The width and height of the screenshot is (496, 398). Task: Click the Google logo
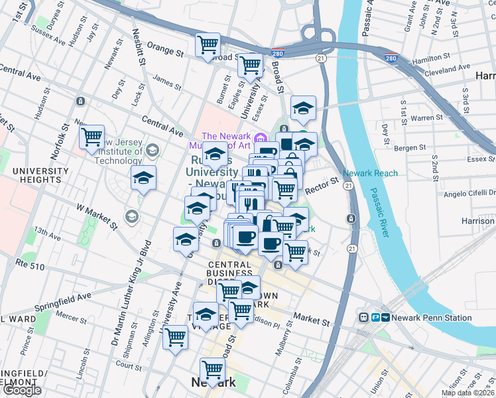point(21,391)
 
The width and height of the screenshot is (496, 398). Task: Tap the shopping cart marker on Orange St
point(208,44)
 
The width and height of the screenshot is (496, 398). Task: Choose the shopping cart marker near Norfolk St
point(92,137)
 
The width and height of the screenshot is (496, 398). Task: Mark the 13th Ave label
point(47,233)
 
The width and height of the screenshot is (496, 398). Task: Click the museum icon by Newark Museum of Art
point(261,137)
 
